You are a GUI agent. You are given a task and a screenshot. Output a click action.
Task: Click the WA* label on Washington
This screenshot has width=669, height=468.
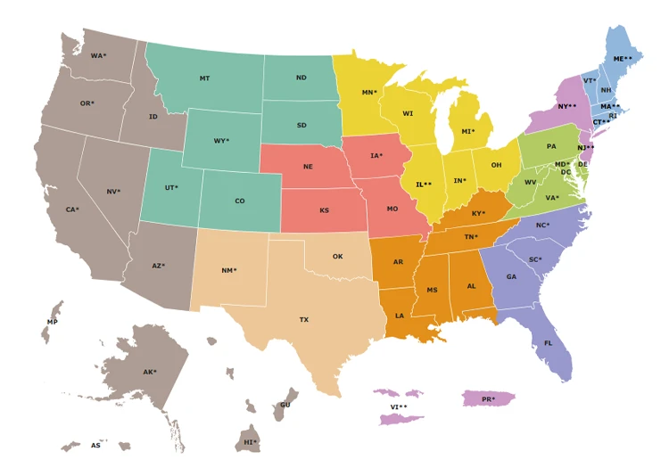pos(98,56)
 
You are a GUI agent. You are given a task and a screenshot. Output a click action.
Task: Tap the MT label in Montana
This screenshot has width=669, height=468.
pos(205,78)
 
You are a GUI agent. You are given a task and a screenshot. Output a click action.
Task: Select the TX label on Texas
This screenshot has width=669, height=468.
pos(304,319)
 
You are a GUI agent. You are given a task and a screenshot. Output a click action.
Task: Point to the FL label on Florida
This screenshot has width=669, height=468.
pos(549,343)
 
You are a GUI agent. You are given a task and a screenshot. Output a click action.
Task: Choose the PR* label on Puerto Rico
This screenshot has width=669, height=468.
pos(488,399)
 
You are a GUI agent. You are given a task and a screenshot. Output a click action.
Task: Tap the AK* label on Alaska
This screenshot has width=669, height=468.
pos(150,373)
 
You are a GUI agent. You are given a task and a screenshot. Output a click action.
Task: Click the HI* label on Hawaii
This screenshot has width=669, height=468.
pos(251,442)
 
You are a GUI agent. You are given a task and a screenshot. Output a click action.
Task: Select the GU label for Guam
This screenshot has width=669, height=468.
pos(285,405)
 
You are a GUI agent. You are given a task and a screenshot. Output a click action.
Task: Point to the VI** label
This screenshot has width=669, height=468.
pos(399,407)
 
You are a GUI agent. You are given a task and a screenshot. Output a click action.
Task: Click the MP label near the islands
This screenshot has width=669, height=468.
pos(53,322)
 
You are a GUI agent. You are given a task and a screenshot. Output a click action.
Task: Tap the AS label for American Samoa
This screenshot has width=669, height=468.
pos(95,446)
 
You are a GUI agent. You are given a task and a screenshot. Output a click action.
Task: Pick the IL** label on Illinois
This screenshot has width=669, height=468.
pos(424,185)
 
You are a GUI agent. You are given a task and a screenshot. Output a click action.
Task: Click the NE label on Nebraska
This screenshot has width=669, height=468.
pos(308,167)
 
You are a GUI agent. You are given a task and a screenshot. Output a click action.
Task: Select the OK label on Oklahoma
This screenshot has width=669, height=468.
pos(337,257)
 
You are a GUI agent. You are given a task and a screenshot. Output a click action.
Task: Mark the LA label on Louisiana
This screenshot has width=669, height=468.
pos(400,316)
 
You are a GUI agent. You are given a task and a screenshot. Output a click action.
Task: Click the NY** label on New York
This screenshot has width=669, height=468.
pos(567,107)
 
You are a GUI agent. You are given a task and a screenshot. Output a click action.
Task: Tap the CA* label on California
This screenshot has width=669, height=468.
pos(72,210)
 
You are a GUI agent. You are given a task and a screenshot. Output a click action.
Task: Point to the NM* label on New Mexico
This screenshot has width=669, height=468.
pos(229,270)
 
